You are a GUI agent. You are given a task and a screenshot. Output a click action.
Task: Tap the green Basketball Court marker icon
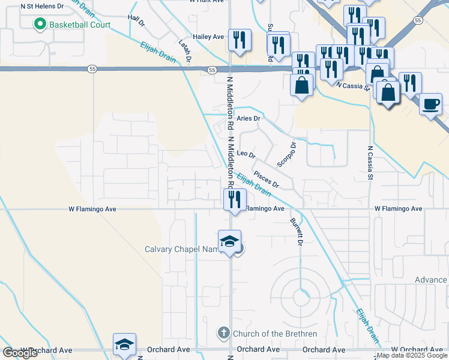click(x=40, y=25)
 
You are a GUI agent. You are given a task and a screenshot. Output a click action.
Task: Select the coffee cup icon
click(x=430, y=105)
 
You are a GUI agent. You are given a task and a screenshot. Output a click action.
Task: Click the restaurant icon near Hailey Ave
click(x=240, y=40)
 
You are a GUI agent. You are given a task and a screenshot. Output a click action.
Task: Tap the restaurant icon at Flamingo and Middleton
click(x=232, y=199)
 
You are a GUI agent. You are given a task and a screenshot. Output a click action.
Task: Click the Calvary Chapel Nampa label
click(x=182, y=250)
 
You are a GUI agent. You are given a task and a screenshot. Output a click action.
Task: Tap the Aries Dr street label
click(x=249, y=119)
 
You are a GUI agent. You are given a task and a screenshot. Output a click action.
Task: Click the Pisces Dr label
click(x=267, y=179)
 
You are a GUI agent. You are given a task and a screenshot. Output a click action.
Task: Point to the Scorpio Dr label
click(x=287, y=154)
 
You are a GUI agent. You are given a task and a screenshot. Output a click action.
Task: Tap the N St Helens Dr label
click(x=41, y=6)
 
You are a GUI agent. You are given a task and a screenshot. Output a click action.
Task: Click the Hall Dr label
click(x=136, y=23)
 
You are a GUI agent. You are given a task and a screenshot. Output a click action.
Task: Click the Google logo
click(x=20, y=352)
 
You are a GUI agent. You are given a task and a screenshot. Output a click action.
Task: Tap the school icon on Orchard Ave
click(x=124, y=345)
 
